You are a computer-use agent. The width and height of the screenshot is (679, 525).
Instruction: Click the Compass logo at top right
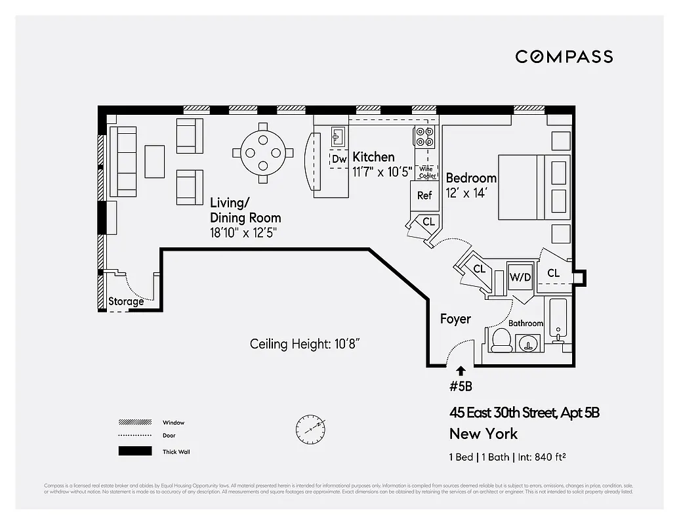point(564,56)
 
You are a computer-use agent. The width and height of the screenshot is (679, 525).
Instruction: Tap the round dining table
point(262,153)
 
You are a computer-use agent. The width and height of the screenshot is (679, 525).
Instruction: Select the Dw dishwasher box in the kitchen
point(339,159)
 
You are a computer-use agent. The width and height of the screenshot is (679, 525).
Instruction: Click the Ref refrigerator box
point(424,195)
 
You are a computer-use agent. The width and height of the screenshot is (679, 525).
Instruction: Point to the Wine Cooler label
point(427,172)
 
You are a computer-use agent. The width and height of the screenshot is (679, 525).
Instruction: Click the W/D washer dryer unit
point(521,277)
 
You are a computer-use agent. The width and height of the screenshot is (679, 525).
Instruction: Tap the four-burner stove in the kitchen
point(424,136)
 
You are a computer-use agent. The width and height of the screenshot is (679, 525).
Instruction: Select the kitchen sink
point(339,136)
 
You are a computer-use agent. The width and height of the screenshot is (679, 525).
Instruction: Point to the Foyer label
point(455,319)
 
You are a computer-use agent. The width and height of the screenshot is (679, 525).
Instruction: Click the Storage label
point(126,302)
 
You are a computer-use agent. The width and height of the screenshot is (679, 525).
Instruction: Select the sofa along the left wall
point(123,161)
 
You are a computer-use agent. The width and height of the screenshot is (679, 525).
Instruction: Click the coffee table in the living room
point(155,161)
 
